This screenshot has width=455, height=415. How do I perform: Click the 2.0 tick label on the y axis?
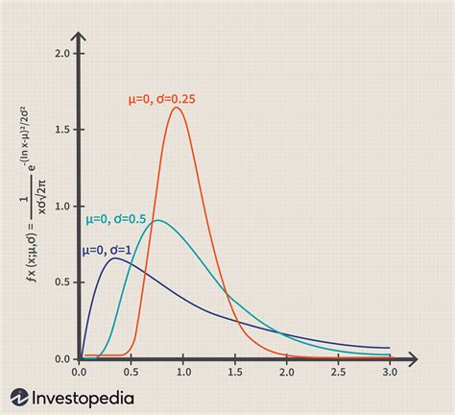pyautogui.click(x=63, y=54)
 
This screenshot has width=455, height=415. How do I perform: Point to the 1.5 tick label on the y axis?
pyautogui.click(x=63, y=130)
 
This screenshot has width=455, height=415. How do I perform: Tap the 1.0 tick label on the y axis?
pyautogui.click(x=63, y=206)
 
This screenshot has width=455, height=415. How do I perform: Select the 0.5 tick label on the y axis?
pyautogui.click(x=63, y=282)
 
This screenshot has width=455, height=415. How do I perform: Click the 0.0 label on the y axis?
pyautogui.click(x=63, y=358)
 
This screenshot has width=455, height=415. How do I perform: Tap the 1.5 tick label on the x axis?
pyautogui.click(x=234, y=371)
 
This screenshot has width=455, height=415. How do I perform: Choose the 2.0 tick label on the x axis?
pyautogui.click(x=286, y=371)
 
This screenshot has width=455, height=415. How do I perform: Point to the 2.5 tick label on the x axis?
pyautogui.click(x=338, y=371)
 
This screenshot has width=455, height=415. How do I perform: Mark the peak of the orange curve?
pyautogui.click(x=177, y=108)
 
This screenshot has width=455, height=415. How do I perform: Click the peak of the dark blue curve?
pyautogui.click(x=114, y=258)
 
